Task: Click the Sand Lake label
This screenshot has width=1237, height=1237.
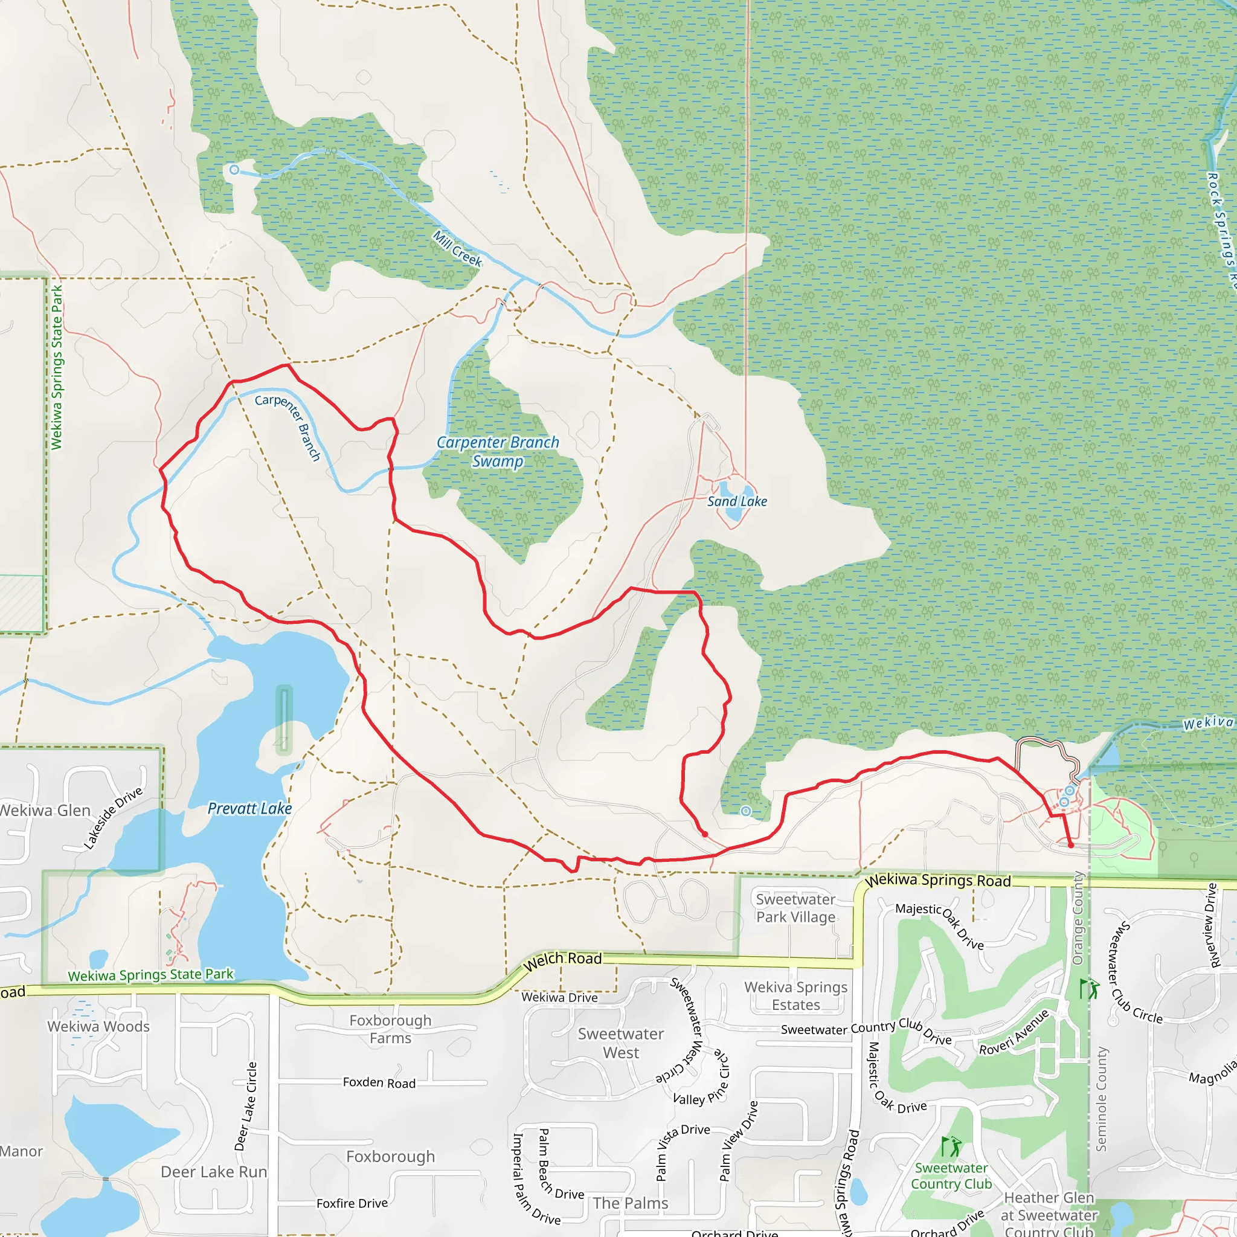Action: click(737, 501)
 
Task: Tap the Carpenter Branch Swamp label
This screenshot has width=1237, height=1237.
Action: click(498, 451)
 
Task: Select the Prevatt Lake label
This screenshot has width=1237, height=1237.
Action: click(249, 809)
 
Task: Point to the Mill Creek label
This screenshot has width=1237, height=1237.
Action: click(457, 248)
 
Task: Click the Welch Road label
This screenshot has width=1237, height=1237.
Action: click(563, 960)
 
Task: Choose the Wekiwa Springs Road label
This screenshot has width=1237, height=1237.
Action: click(938, 881)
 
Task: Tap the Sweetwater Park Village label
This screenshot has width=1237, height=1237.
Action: click(796, 908)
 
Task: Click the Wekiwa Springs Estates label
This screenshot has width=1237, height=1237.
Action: click(796, 995)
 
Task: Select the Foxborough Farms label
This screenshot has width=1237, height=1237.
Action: click(391, 1029)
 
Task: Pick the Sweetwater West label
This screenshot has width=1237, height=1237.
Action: click(620, 1043)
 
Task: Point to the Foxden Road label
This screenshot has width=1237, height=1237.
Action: click(379, 1083)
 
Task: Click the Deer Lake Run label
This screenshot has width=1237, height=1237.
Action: click(214, 1172)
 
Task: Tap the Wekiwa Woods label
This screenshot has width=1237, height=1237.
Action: click(98, 1026)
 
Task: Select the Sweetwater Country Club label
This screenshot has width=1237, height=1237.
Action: click(951, 1175)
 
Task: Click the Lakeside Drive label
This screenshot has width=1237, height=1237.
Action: click(114, 818)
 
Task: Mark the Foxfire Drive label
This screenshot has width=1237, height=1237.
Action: click(352, 1203)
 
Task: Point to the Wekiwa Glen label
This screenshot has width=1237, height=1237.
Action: click(45, 811)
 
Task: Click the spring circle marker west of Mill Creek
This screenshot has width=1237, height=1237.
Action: click(234, 170)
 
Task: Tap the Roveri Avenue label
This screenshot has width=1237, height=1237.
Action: click(1014, 1032)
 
